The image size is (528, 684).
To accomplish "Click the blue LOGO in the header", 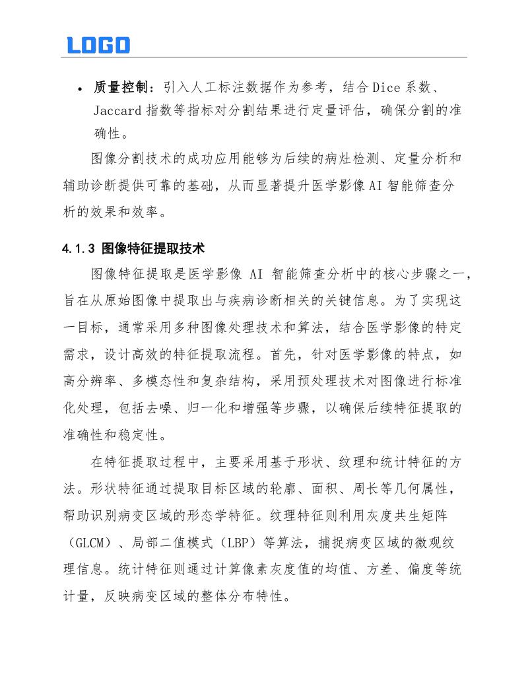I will pyautogui.click(x=98, y=45).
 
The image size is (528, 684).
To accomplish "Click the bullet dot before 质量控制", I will pyautogui.click(x=79, y=89).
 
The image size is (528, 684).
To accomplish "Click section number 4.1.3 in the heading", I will pyautogui.click(x=79, y=249).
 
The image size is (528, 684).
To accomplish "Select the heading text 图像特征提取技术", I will pyautogui.click(x=153, y=249).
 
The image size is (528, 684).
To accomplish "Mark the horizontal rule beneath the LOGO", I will pyautogui.click(x=264, y=57).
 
